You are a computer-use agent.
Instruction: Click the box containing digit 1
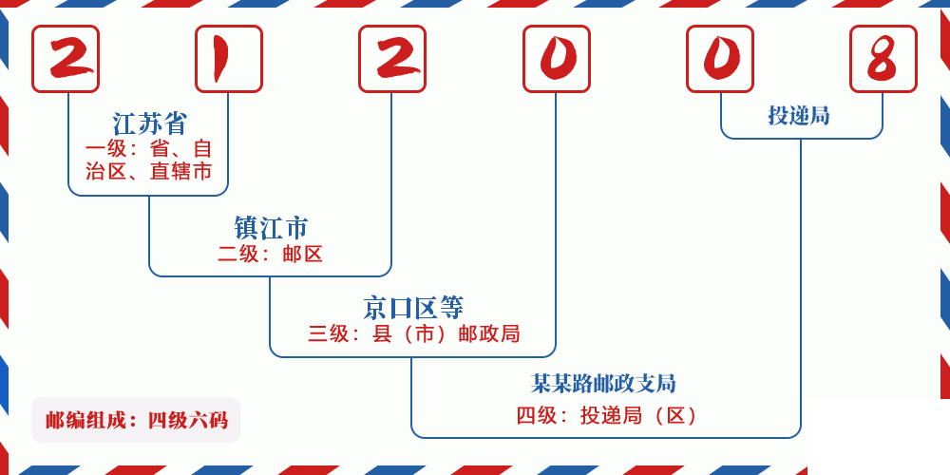pyautogui.click(x=229, y=59)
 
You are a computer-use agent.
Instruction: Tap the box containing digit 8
pyautogui.click(x=883, y=59)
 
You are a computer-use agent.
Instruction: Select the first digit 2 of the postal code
pyautogui.click(x=66, y=59)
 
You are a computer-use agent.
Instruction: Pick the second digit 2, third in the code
pyautogui.click(x=392, y=59)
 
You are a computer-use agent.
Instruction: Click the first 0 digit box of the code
pyautogui.click(x=557, y=59)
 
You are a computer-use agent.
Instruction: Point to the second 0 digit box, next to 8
pyautogui.click(x=720, y=59)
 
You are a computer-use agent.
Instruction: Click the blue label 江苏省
pyautogui.click(x=150, y=123)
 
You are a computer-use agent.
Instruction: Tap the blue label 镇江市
pyautogui.click(x=271, y=228)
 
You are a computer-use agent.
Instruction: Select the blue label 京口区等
pyautogui.click(x=413, y=308)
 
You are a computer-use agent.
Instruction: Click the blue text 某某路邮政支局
pyautogui.click(x=603, y=384)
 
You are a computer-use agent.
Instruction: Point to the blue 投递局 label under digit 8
pyautogui.click(x=799, y=116)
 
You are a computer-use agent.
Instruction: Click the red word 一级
pyautogui.click(x=105, y=149)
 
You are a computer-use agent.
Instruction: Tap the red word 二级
pyautogui.click(x=238, y=254)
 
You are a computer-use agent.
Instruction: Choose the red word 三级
pyautogui.click(x=329, y=333)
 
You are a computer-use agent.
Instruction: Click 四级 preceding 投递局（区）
pyautogui.click(x=537, y=415)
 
